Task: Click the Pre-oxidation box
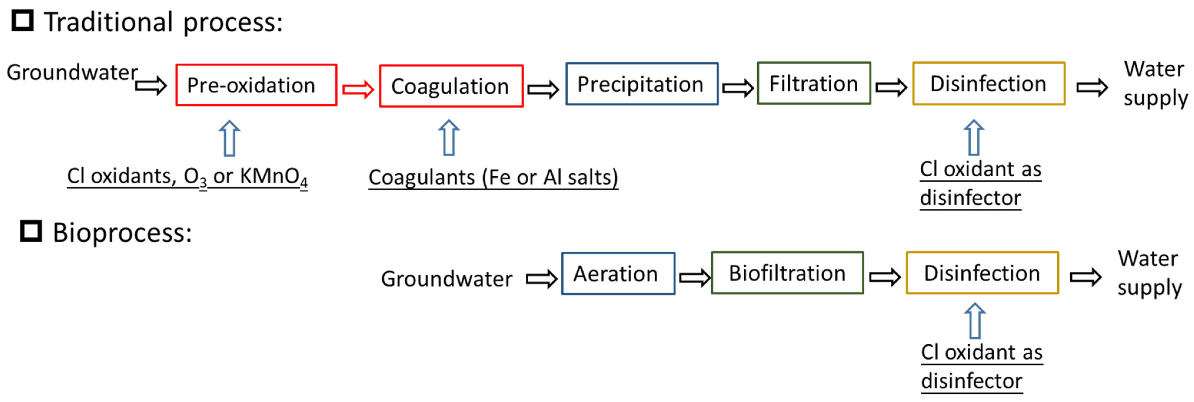click(x=256, y=85)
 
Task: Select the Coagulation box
click(x=451, y=86)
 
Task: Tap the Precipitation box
click(x=642, y=84)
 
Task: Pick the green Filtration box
click(x=813, y=84)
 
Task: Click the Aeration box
click(x=617, y=274)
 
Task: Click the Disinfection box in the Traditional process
click(x=988, y=84)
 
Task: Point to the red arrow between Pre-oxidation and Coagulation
click(x=358, y=89)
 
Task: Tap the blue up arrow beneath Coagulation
click(x=449, y=138)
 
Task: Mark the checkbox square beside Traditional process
click(x=22, y=21)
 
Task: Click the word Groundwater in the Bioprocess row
click(x=446, y=279)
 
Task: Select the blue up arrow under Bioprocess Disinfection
click(x=975, y=321)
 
